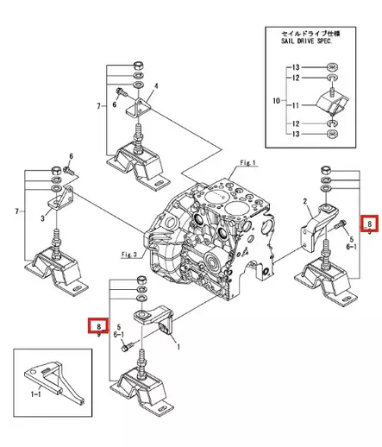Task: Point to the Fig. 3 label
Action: [x=130, y=255]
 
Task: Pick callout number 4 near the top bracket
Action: [x=156, y=86]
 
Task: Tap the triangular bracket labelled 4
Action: [x=140, y=108]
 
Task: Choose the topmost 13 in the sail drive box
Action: [x=296, y=66]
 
